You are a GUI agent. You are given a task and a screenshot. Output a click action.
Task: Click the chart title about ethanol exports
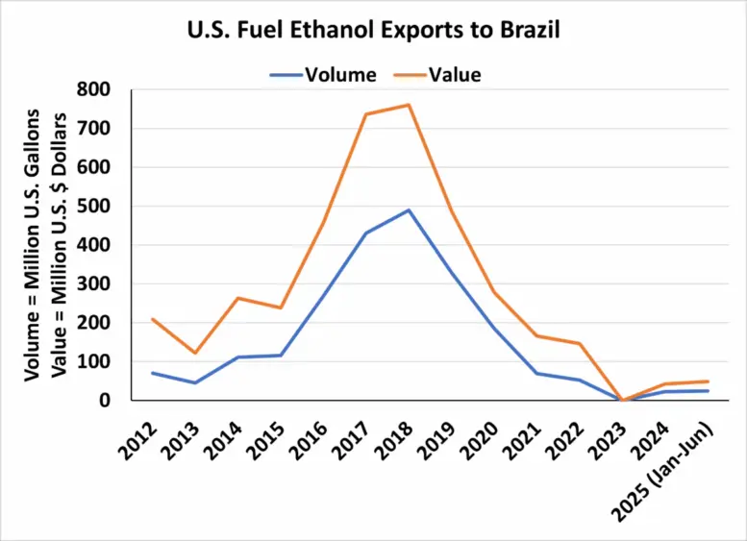click(x=373, y=31)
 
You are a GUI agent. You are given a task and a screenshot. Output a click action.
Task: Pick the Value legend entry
click(x=439, y=73)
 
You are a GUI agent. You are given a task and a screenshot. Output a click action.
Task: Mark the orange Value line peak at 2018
click(x=409, y=104)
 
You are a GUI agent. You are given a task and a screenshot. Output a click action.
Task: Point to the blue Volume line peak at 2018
click(x=409, y=209)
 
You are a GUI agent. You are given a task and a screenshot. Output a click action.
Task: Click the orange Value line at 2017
click(x=365, y=114)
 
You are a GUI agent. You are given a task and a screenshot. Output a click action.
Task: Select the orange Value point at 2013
click(x=195, y=353)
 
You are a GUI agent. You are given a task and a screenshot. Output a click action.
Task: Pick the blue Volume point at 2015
click(x=281, y=356)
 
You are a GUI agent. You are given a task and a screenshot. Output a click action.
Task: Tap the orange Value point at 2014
click(x=237, y=298)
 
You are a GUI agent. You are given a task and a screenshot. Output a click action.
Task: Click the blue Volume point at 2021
click(x=536, y=373)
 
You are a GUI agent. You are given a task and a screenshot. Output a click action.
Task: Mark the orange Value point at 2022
click(x=580, y=343)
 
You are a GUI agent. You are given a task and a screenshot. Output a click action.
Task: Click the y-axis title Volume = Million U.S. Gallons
click(x=32, y=244)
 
